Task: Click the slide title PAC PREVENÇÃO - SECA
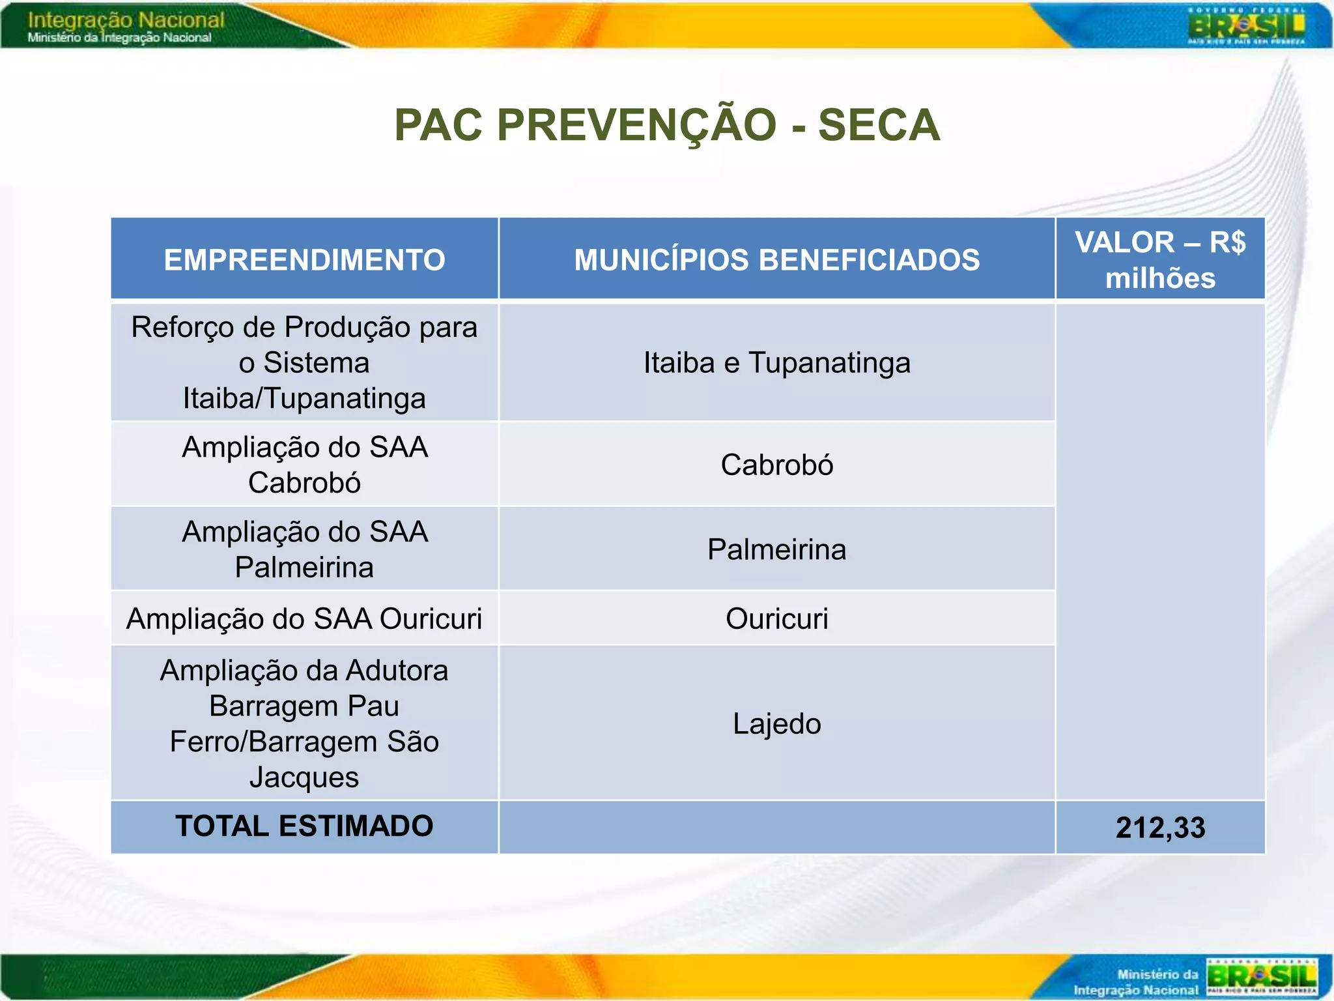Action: coord(667,124)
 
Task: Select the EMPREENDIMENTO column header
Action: coord(304,259)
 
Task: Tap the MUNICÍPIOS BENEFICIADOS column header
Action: coord(776,259)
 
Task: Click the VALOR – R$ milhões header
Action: coord(1160,259)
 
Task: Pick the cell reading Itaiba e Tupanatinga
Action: coord(776,362)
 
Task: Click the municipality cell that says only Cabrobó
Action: coord(776,465)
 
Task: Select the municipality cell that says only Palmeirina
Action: coord(776,549)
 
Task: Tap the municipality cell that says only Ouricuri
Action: coord(776,618)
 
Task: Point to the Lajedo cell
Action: coord(776,723)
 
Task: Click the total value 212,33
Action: coord(1160,828)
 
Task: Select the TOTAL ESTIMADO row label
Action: coord(304,826)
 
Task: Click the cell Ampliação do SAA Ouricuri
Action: coord(304,618)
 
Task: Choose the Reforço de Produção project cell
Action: coord(304,362)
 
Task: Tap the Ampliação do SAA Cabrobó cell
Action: coord(304,465)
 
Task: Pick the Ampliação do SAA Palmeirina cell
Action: coord(304,549)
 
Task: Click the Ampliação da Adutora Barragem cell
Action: coord(304,723)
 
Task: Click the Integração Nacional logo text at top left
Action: coord(126,26)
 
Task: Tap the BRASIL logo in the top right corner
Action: coord(1246,27)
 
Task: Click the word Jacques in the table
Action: coord(304,777)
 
